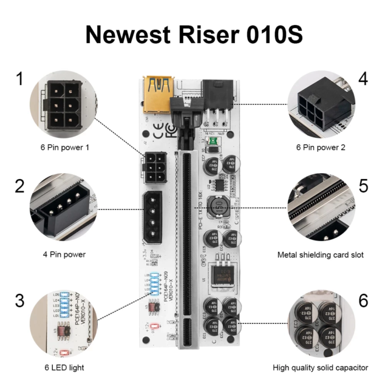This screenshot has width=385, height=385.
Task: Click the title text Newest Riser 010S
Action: pyautogui.click(x=192, y=34)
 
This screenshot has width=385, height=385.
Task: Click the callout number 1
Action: pyautogui.click(x=20, y=78)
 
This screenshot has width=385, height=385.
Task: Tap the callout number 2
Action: pyautogui.click(x=20, y=185)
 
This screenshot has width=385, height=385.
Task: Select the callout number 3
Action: pyautogui.click(x=20, y=299)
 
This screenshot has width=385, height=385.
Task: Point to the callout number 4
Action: pyautogui.click(x=363, y=78)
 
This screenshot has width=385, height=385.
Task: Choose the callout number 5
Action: pyautogui.click(x=363, y=185)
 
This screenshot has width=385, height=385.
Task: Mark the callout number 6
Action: pyautogui.click(x=363, y=299)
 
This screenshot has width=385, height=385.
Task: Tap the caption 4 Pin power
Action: pyautogui.click(x=65, y=254)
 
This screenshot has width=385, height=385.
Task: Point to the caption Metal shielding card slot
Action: pyautogui.click(x=320, y=254)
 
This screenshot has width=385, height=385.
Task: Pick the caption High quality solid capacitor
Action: pyautogui.click(x=320, y=367)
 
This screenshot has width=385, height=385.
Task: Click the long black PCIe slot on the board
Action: pyautogui.click(x=180, y=255)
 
